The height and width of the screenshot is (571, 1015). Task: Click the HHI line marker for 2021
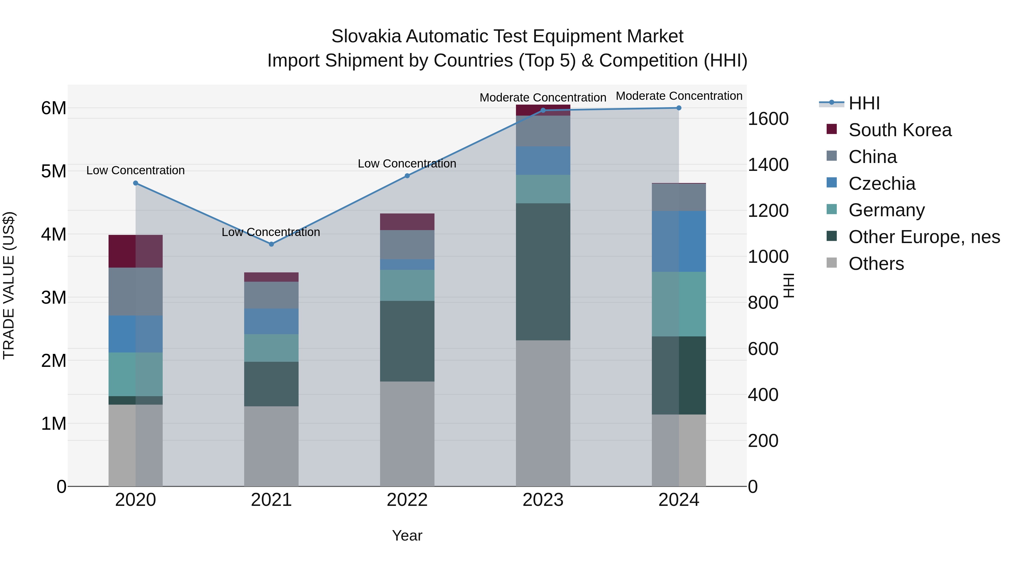[271, 244]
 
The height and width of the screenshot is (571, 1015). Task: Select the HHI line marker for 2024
[679, 108]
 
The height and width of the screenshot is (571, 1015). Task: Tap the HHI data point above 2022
[407, 176]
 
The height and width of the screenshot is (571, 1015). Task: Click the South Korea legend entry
[900, 130]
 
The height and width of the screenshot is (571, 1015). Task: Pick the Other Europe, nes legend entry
[924, 237]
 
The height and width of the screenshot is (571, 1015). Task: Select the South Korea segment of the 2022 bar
[407, 222]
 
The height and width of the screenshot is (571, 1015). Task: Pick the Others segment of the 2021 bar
[271, 446]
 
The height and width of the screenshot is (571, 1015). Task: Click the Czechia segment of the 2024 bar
[679, 241]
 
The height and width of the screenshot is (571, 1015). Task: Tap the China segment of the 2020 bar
[136, 292]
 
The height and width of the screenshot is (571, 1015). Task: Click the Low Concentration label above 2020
[136, 171]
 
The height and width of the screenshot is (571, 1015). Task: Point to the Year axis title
[407, 535]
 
